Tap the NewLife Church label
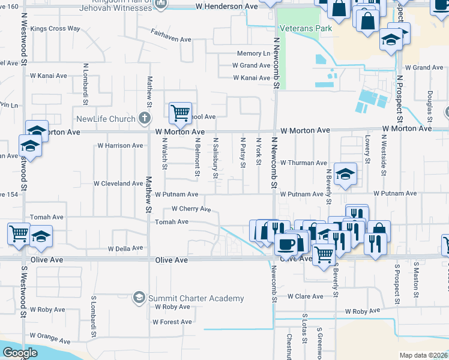coord(106,119)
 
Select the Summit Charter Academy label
coord(197,298)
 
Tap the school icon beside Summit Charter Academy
coord(139,298)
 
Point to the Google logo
coord(20,353)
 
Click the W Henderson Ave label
coord(227,7)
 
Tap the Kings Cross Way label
coord(55,28)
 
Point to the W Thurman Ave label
coord(305,163)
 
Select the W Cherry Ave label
coord(191,209)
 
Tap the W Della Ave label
coord(125,248)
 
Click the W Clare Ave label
coord(306,296)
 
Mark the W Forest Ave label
coord(172,322)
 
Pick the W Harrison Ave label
coord(120,145)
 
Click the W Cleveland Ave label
coord(118,184)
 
